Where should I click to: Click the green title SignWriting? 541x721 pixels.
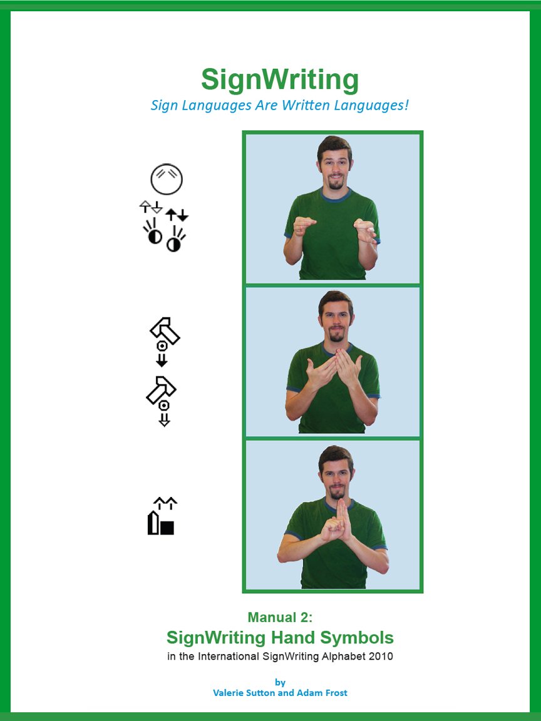click(x=280, y=80)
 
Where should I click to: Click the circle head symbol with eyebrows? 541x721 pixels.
click(x=167, y=180)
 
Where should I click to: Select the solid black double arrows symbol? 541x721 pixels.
click(x=177, y=215)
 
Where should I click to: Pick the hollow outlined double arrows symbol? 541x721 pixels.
click(x=151, y=207)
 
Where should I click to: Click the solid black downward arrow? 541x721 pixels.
click(x=162, y=360)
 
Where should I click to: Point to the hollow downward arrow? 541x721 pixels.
click(x=164, y=420)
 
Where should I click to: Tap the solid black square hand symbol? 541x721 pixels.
click(x=167, y=527)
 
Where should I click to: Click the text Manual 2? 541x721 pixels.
click(x=280, y=618)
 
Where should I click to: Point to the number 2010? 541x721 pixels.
click(x=379, y=657)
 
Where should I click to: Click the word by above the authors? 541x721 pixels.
click(x=280, y=682)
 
